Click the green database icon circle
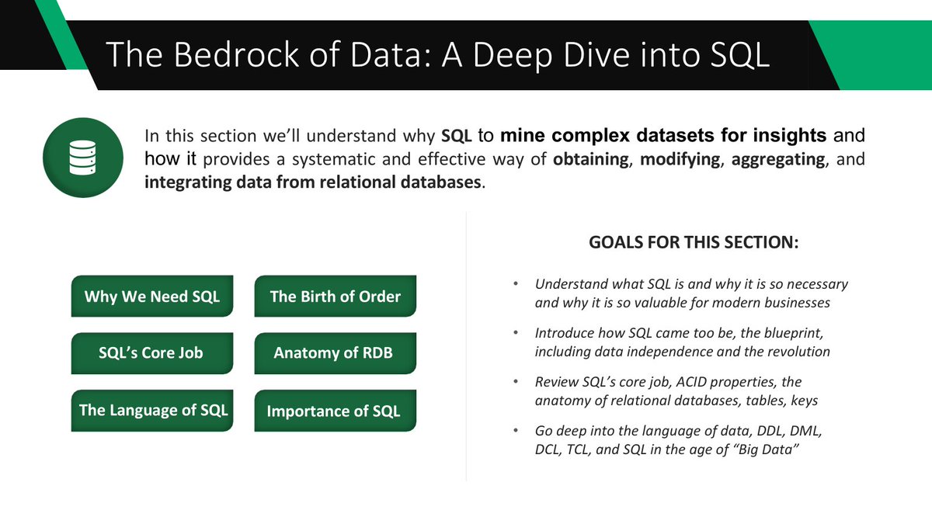(x=81, y=156)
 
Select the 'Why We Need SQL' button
(x=152, y=296)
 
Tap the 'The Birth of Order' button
(x=335, y=296)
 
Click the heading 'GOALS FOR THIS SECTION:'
(x=694, y=241)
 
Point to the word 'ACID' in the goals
(x=679, y=382)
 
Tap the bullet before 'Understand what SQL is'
(x=516, y=285)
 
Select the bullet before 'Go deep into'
(x=516, y=431)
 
